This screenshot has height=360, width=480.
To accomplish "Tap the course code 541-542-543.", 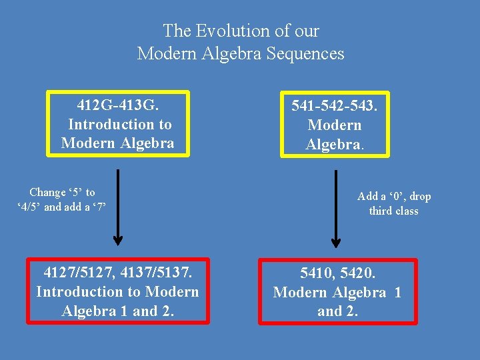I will (335, 105).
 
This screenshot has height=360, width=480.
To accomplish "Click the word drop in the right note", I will (420, 196).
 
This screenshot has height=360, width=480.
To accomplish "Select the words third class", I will (394, 211).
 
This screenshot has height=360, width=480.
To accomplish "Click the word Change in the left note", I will (47, 192).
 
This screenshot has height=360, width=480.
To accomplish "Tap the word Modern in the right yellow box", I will (335, 125).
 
